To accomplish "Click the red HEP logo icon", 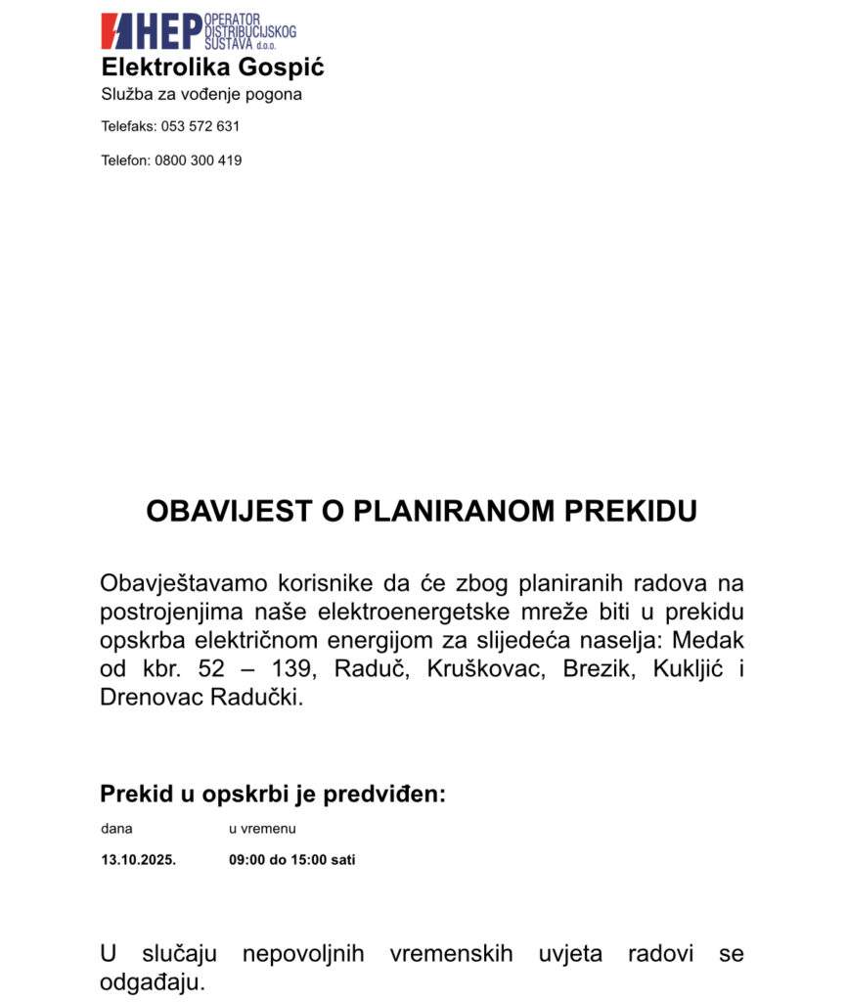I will (117, 30).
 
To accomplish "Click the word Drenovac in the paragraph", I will (155, 699).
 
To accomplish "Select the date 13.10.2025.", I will (138, 860).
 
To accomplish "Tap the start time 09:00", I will (247, 860).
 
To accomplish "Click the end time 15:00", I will (311, 860).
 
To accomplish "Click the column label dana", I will (115, 829).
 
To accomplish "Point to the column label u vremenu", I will (262, 829).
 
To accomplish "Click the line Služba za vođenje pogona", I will (201, 95).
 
